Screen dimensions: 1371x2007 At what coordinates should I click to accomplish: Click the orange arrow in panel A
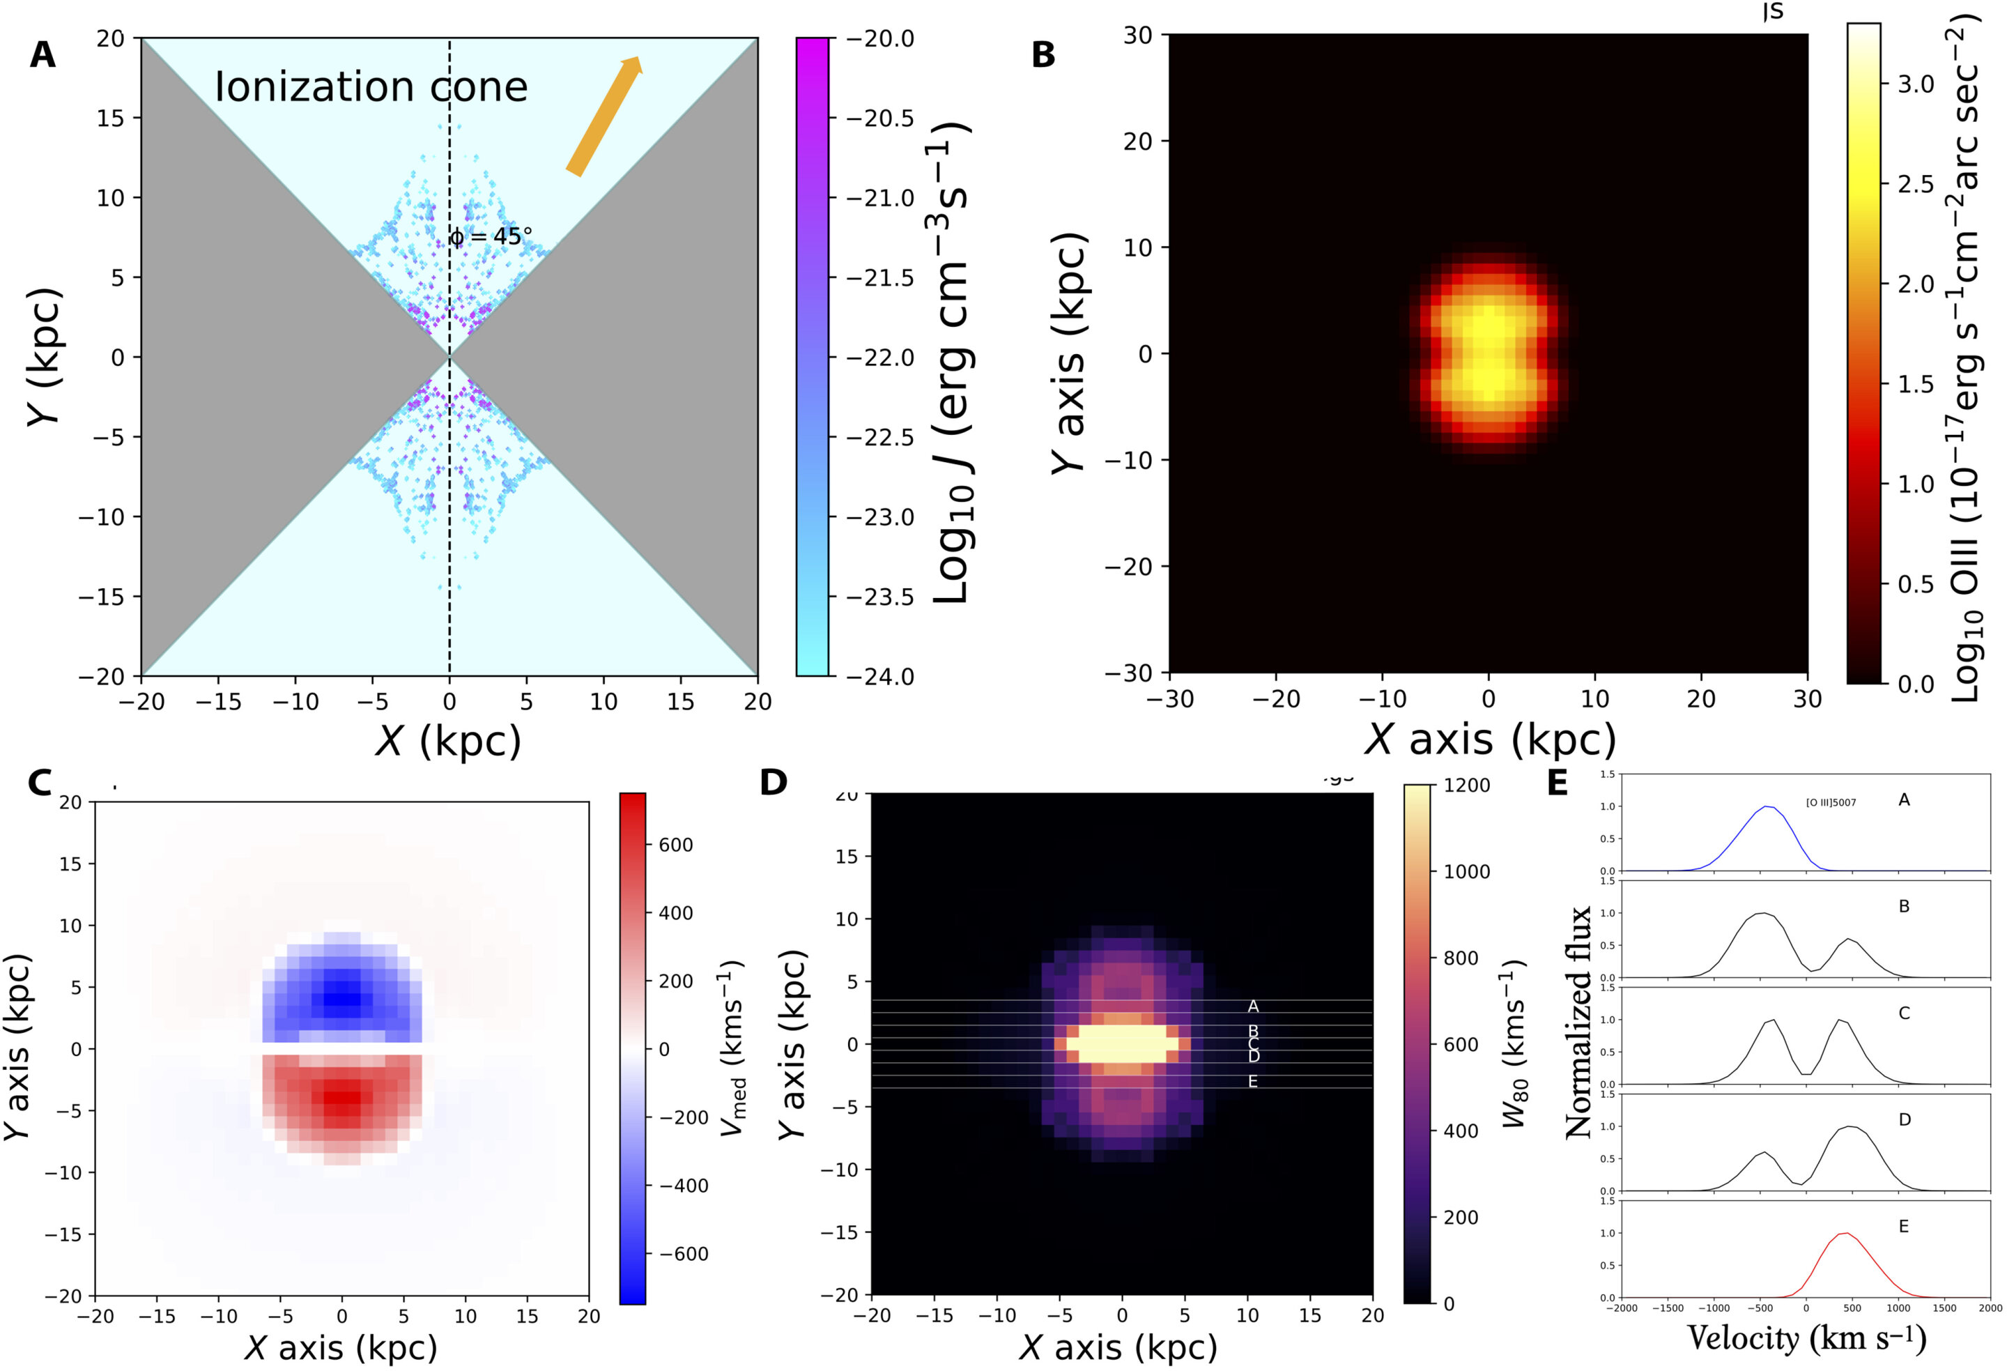[x=603, y=116]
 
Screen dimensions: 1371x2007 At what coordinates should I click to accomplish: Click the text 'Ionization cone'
[x=371, y=86]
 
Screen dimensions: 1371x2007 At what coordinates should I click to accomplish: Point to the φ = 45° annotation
[x=491, y=236]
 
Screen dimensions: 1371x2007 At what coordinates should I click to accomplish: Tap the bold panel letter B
[x=1043, y=55]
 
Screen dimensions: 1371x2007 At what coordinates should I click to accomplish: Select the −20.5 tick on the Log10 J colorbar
[x=879, y=118]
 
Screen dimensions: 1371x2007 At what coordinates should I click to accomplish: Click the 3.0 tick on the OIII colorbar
[x=1916, y=84]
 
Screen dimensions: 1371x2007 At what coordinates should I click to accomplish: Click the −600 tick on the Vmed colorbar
[x=683, y=1253]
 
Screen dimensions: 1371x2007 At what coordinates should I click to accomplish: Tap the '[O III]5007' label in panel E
[x=1831, y=802]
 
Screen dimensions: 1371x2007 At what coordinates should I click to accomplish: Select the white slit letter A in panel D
[x=1253, y=1006]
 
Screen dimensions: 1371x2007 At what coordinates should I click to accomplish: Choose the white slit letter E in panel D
[x=1252, y=1082]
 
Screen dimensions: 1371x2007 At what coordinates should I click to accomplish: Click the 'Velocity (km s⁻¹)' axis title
[x=1806, y=1338]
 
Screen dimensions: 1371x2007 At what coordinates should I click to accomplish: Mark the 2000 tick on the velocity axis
[x=1990, y=1309]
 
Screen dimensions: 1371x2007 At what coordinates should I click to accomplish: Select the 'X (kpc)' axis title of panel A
[x=448, y=740]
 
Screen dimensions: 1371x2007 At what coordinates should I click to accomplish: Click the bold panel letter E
[x=1557, y=783]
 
